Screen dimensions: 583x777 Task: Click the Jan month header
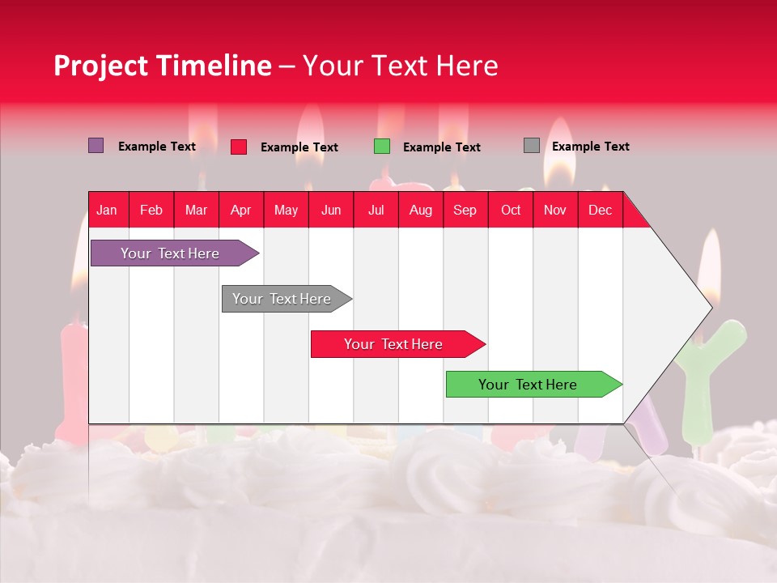107,210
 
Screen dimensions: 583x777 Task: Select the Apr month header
240,210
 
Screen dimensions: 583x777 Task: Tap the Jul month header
376,210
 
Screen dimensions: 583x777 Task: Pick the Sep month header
465,210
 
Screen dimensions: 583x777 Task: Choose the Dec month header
600,210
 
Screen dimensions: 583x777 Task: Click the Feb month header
151,210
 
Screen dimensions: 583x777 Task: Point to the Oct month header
511,210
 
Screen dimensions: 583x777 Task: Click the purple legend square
96,146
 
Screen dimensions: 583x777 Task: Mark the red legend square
239,147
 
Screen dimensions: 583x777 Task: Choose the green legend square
382,147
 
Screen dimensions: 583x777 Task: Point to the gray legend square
532,146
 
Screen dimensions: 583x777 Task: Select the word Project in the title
101,66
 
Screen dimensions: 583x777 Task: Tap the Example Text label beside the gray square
590,147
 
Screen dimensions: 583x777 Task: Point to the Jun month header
331,210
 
